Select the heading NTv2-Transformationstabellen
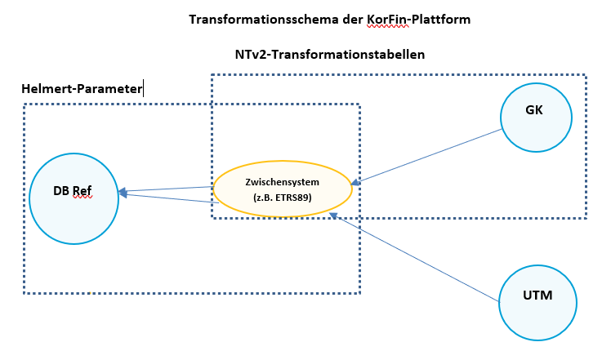tap(329, 55)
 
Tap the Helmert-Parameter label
tap(81, 88)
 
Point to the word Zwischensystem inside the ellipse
tap(282, 181)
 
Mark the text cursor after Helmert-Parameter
tap(144, 88)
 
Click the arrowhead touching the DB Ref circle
tap(123, 193)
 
